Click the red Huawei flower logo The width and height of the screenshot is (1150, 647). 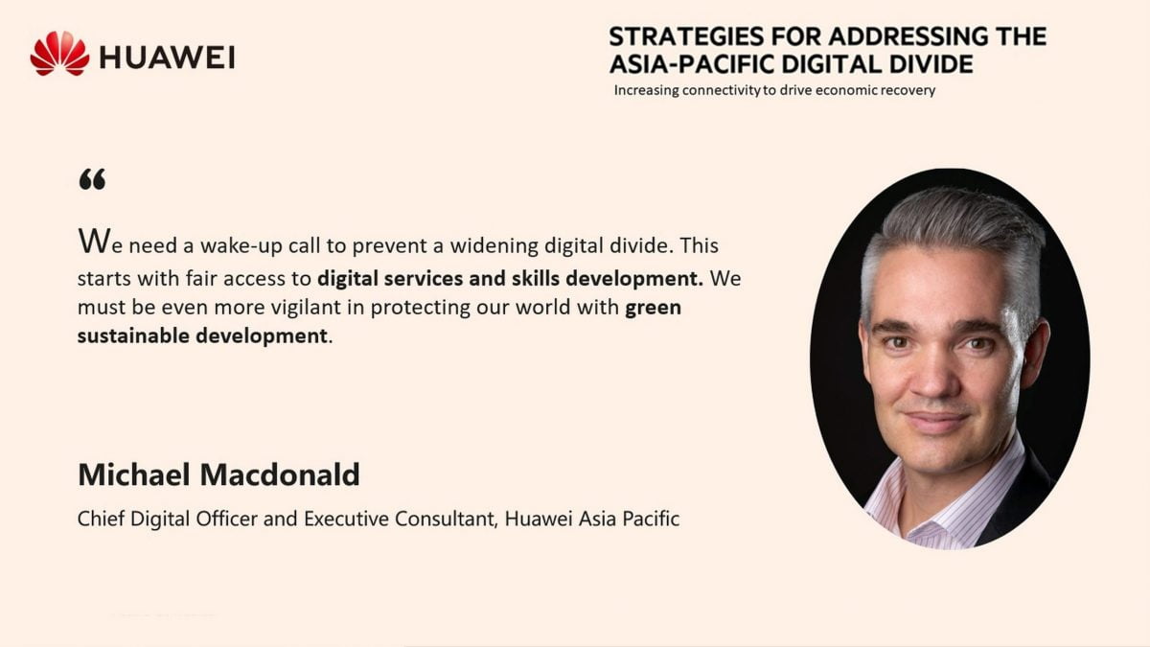pyautogui.click(x=59, y=54)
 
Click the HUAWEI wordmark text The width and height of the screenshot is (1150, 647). pyautogui.click(x=168, y=57)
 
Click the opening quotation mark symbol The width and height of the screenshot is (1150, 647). pyautogui.click(x=92, y=179)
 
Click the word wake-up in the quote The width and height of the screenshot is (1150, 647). pyautogui.click(x=241, y=246)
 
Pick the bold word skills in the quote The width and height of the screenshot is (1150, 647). pyautogui.click(x=535, y=278)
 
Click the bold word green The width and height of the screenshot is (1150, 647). pyautogui.click(x=653, y=308)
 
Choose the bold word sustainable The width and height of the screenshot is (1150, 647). pyautogui.click(x=133, y=335)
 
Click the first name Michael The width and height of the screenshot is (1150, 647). pyautogui.click(x=134, y=474)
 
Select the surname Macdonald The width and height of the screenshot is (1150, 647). pyautogui.click(x=280, y=474)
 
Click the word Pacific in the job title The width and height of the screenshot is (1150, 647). pyautogui.click(x=651, y=519)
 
